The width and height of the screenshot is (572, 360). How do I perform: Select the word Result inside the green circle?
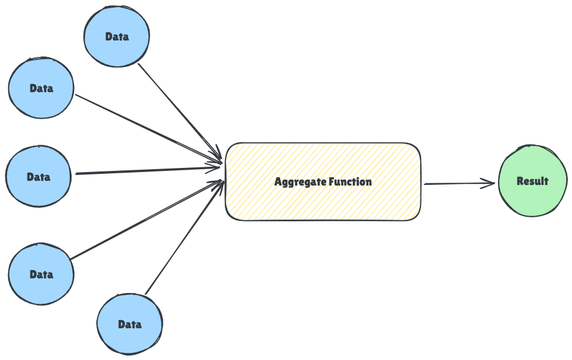[x=533, y=181]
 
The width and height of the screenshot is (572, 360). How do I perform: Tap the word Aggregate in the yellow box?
[x=300, y=182]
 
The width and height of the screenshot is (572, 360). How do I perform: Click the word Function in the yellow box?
[x=350, y=182]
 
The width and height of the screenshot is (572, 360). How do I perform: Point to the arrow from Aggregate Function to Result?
[x=458, y=184]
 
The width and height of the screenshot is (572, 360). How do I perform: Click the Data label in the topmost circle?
[x=117, y=36]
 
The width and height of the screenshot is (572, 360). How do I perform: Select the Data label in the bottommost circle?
[x=130, y=324]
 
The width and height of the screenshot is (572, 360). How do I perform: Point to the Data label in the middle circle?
[x=38, y=177]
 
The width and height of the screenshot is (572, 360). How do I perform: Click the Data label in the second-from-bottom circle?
[x=41, y=274]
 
